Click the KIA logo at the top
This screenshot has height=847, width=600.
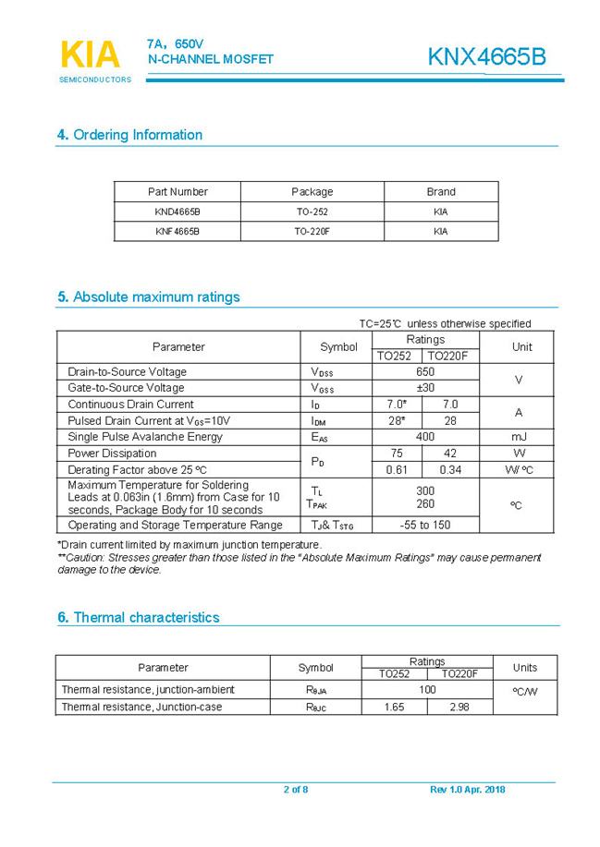[x=90, y=55]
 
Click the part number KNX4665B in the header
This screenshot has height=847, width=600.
[x=486, y=57]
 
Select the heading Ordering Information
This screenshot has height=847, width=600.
[x=129, y=135]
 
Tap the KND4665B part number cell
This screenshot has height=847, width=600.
[x=178, y=212]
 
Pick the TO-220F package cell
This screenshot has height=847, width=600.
[x=312, y=231]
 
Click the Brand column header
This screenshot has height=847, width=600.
[x=440, y=192]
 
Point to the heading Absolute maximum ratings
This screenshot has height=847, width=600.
[x=148, y=297]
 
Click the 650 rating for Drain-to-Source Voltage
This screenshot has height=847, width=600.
[x=425, y=371]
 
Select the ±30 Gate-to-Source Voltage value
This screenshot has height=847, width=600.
[x=425, y=388]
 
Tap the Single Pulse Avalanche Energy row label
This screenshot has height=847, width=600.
[x=145, y=437]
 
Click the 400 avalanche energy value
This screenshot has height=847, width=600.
[x=425, y=437]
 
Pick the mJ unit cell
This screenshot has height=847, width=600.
[x=519, y=437]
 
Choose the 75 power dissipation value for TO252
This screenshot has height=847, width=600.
[x=397, y=454]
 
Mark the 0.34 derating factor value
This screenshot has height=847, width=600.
[x=450, y=470]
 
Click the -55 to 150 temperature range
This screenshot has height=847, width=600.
[x=425, y=525]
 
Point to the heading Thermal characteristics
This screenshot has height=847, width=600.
[x=138, y=617]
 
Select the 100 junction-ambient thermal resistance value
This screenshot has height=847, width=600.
[x=427, y=690]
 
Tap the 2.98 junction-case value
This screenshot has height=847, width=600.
[x=459, y=707]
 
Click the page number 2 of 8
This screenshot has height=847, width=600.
[x=296, y=790]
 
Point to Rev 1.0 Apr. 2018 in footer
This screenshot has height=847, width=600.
[x=467, y=790]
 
